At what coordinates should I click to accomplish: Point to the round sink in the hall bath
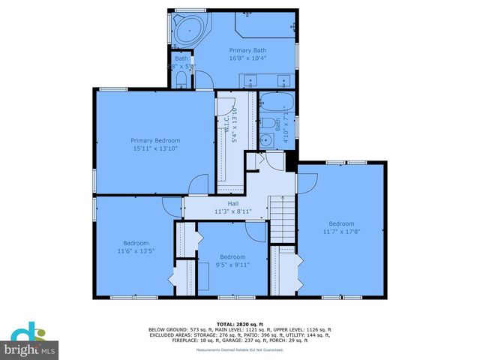265,139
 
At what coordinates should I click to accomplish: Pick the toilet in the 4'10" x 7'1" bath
267,122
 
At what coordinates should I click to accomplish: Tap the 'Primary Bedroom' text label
155,140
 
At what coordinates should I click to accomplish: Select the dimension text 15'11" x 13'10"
155,148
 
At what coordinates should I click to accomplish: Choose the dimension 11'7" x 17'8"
341,231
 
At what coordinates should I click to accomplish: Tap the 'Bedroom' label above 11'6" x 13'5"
136,242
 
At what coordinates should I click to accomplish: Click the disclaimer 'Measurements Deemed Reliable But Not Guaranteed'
240,350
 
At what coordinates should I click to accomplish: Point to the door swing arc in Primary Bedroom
199,184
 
